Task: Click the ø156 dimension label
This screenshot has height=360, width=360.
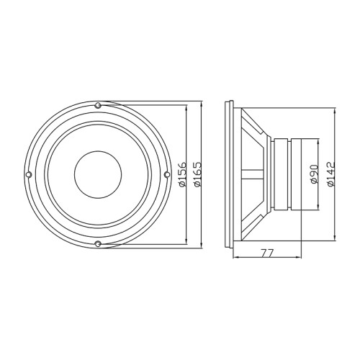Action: [182, 174]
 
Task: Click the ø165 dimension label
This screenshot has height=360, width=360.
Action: [197, 174]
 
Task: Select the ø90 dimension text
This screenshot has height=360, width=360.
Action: [314, 174]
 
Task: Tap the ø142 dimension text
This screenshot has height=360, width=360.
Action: [331, 174]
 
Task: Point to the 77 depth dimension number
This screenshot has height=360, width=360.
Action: [267, 253]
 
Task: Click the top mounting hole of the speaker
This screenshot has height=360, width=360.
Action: [98, 105]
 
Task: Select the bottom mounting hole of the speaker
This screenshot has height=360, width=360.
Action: [98, 244]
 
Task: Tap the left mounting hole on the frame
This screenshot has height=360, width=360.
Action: [29, 174]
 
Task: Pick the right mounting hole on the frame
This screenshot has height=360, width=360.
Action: [167, 174]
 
